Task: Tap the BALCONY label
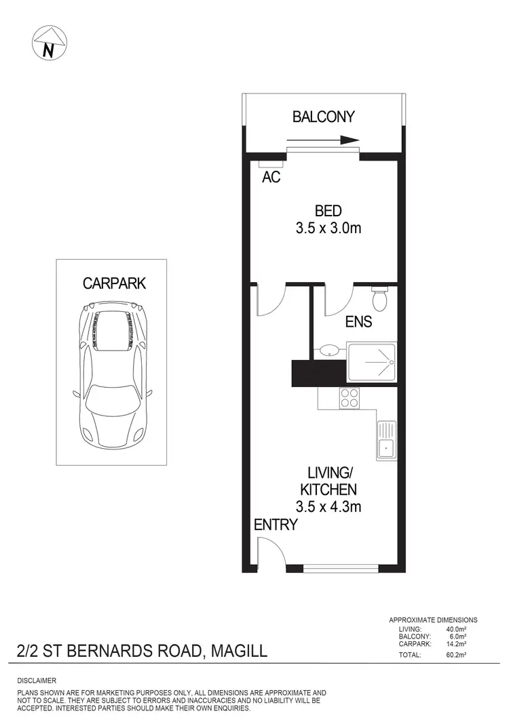tap(323, 117)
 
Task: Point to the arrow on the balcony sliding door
tap(323, 141)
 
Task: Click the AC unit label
tap(271, 178)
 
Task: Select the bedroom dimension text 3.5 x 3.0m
tap(328, 228)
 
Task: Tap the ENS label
tap(358, 321)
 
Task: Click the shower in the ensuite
tap(371, 363)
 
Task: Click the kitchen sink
tap(387, 440)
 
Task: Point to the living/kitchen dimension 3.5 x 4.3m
tap(328, 506)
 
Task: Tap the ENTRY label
tap(276, 524)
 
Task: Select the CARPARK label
tap(114, 283)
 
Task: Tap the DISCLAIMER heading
tap(37, 680)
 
